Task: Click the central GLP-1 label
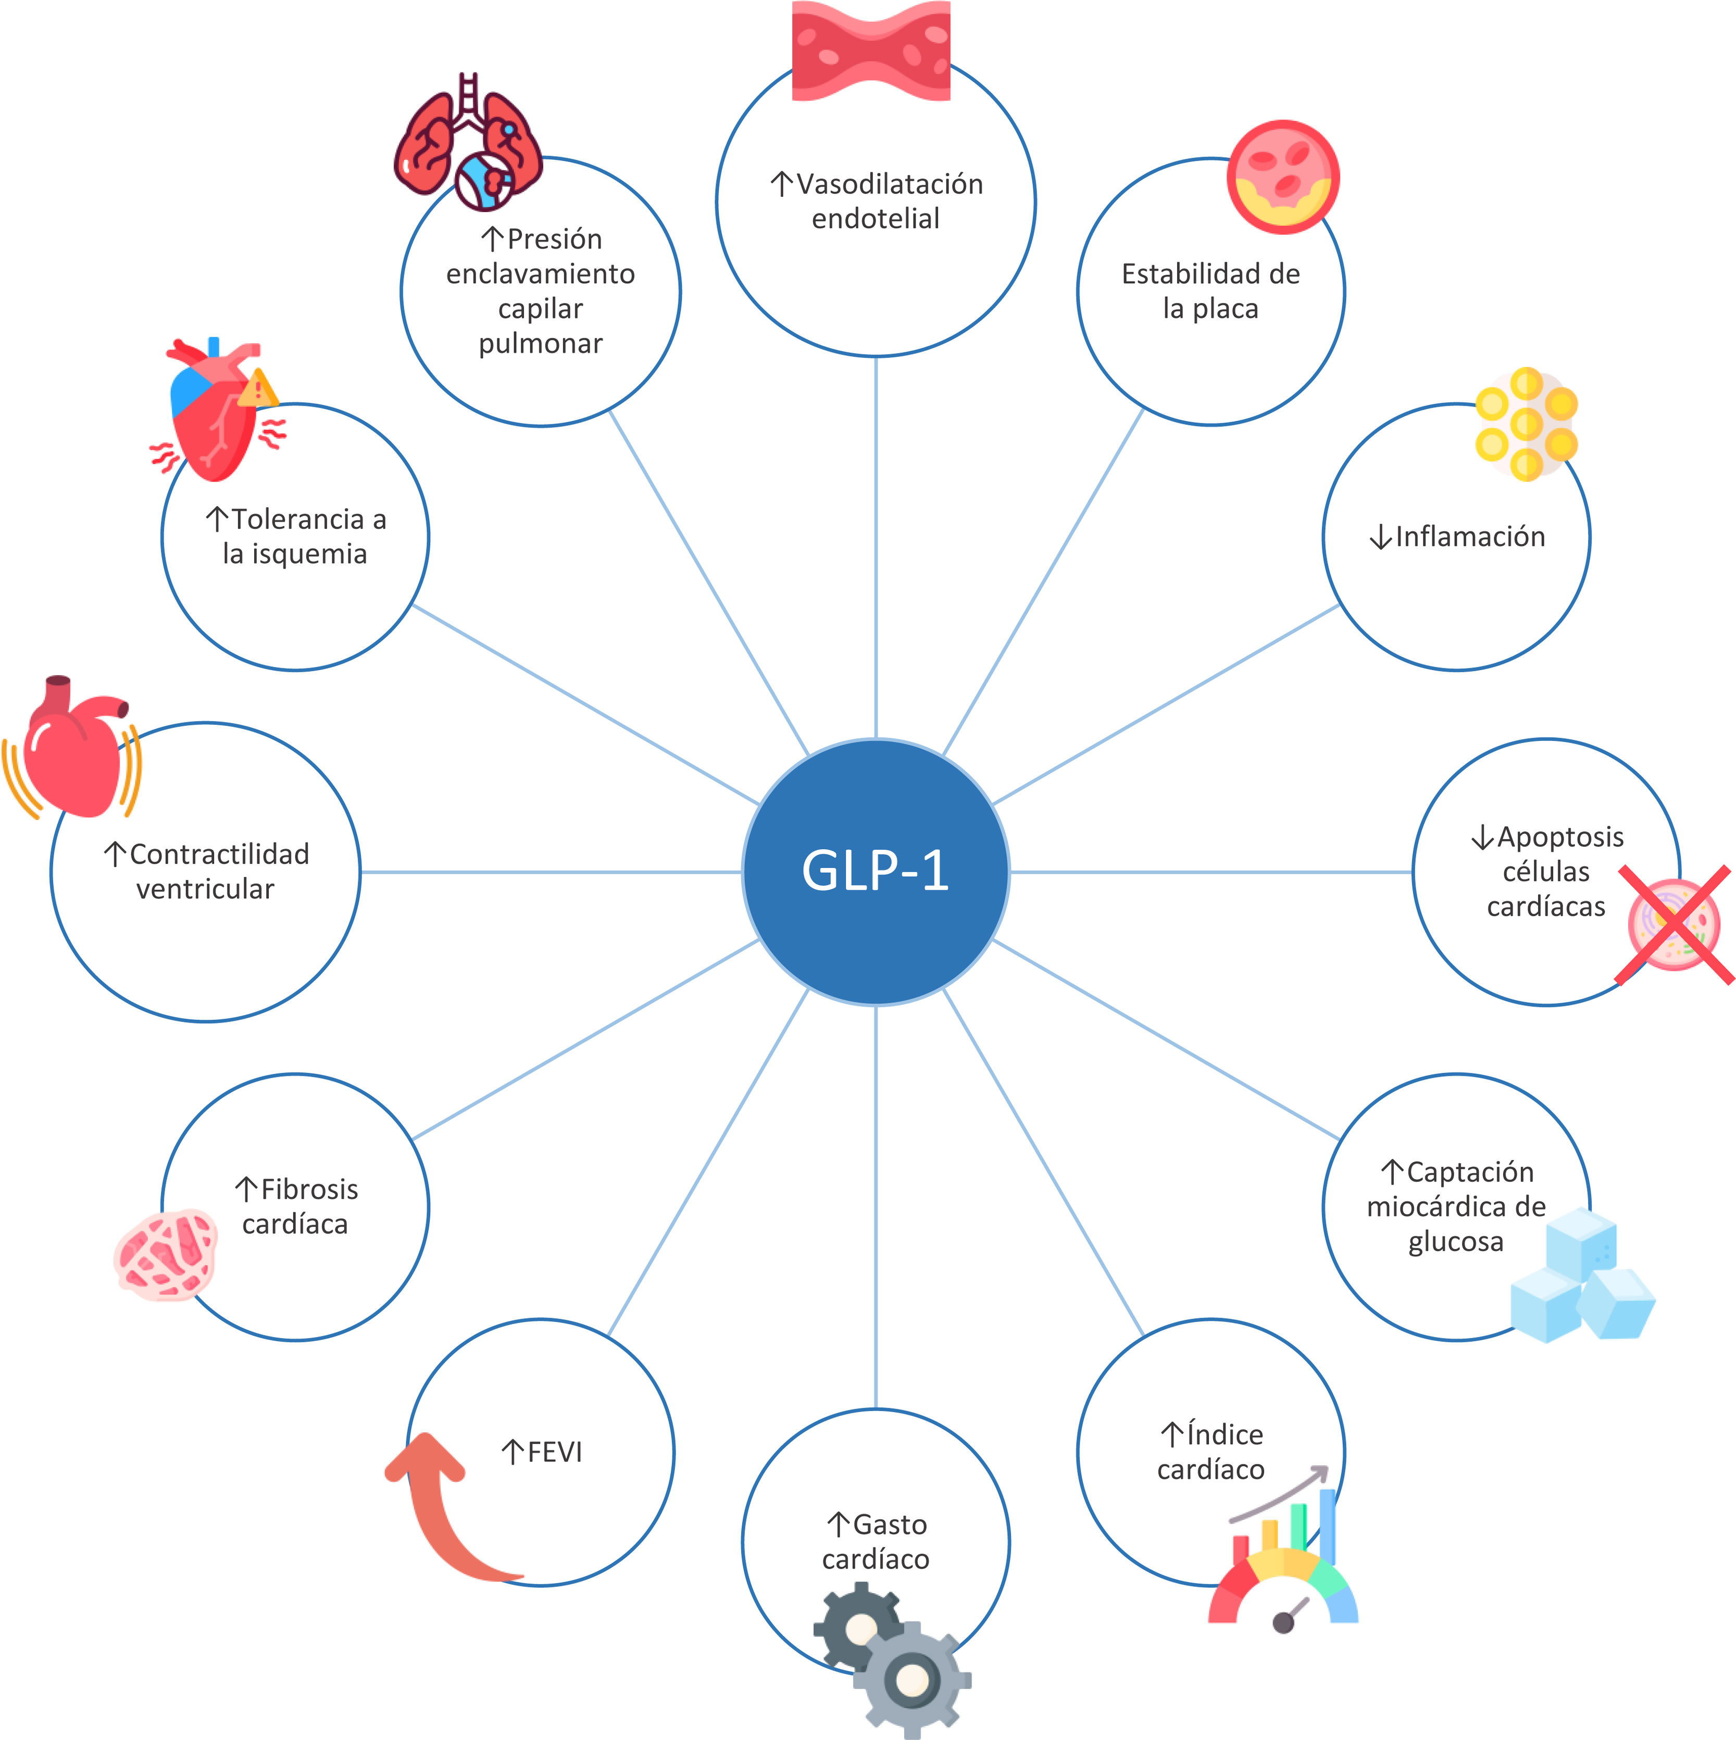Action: click(x=875, y=871)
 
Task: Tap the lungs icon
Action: click(x=468, y=144)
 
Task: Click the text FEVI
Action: click(x=554, y=1452)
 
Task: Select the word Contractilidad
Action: click(x=219, y=854)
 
